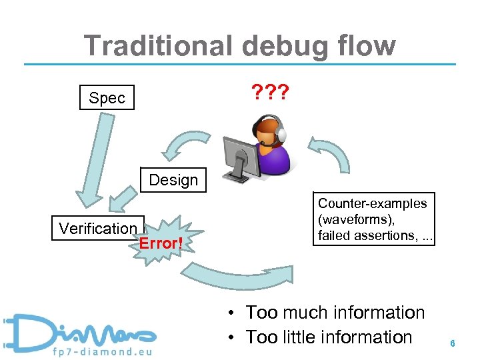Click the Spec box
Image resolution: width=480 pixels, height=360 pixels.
click(x=107, y=98)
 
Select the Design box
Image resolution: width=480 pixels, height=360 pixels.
click(x=173, y=180)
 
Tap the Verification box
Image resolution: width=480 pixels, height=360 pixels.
click(x=97, y=228)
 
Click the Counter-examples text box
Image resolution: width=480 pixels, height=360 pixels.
click(x=372, y=219)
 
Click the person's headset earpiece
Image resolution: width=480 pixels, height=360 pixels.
click(x=281, y=135)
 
